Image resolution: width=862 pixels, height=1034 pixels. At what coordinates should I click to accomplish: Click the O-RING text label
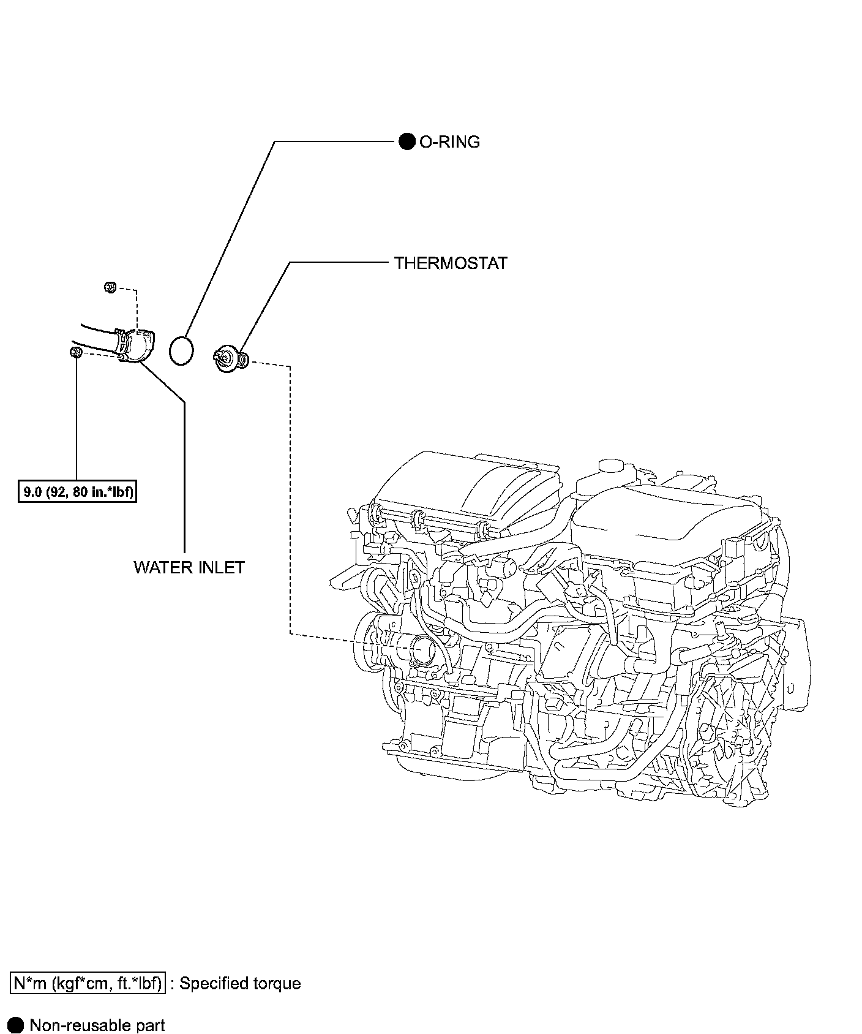point(449,142)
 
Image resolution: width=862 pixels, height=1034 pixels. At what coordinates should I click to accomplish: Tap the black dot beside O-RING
point(407,142)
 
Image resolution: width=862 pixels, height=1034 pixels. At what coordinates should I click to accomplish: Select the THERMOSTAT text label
point(451,263)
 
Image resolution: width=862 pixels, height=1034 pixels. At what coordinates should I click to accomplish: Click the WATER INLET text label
point(189,567)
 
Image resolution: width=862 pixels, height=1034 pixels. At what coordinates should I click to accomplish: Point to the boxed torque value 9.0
point(77,492)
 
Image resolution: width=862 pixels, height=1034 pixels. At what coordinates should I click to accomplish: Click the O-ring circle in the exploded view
point(181,351)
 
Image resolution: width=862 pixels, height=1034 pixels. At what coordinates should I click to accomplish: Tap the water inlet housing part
point(138,346)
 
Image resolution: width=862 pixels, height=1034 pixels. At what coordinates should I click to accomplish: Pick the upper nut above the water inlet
point(110,286)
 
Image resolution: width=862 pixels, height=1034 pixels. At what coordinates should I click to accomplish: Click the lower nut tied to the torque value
point(77,352)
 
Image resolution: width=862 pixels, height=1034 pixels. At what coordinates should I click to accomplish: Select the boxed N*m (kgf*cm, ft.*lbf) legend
point(88,983)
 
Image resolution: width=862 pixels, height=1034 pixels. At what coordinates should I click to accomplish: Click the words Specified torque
point(241,983)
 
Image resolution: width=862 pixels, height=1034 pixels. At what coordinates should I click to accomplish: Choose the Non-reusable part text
point(97,1025)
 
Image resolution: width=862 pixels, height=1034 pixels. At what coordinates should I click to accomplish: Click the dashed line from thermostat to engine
point(289,490)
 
